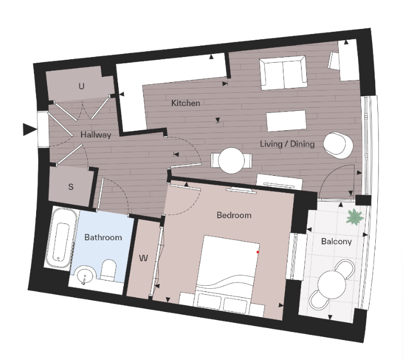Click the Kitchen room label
pos(186,103)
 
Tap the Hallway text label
pos(96,134)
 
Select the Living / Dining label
pos(287,143)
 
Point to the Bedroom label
pos(234,215)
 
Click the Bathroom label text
pos(103,237)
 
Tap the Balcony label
pos(336,241)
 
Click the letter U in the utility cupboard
pos(81,86)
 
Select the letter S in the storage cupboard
pos(70,186)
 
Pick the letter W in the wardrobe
pos(144,258)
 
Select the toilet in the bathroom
pos(109,269)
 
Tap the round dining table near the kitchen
pos(230,160)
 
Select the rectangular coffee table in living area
pos(286,121)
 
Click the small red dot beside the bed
pos(258,252)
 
